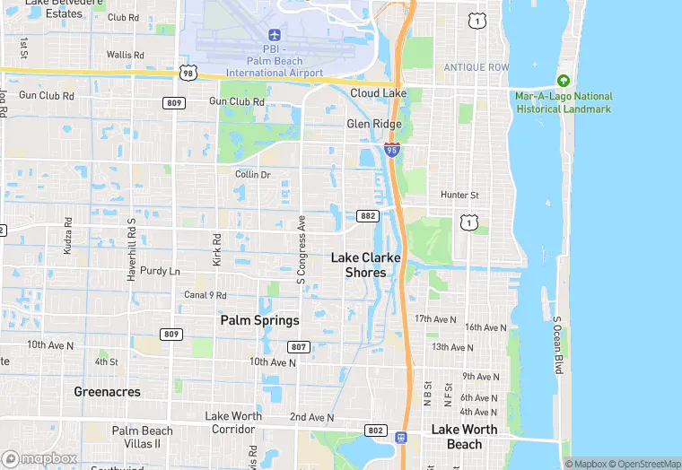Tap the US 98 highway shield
pos(188,72)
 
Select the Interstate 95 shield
pos(392,149)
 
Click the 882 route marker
pos(368,216)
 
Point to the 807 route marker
pos(299,346)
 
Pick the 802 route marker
pos(376,431)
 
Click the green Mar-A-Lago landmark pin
pos(564,81)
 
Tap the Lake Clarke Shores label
pos(365,265)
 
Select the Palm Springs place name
pos(260,320)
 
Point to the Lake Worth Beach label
pos(464,437)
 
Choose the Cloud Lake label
pos(378,93)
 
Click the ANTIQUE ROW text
pos(476,68)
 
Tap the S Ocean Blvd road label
pos(556,345)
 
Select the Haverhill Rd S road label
pos(131,250)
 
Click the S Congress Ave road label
pos(302,249)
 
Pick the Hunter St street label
pos(459,195)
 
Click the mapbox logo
pos(40,458)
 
